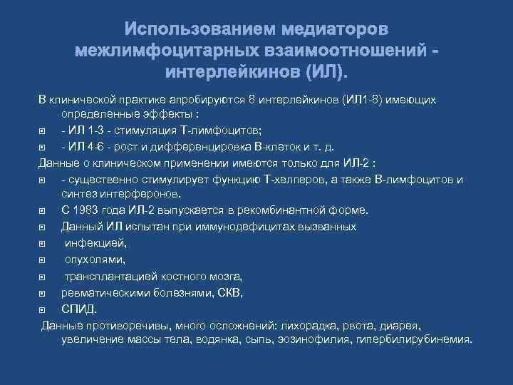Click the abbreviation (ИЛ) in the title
[x=327, y=73]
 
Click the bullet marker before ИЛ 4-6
[x=44, y=146]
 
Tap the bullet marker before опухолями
[x=44, y=260]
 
